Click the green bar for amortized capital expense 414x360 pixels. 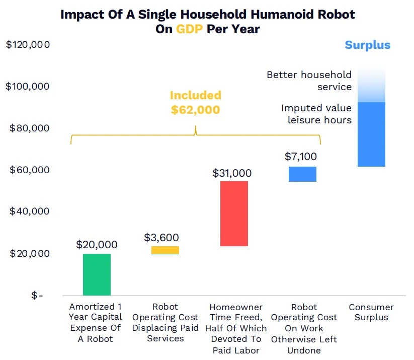[97, 274]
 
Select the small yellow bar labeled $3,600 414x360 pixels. [165, 250]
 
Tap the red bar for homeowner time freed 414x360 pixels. [234, 213]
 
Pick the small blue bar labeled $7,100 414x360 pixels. [302, 174]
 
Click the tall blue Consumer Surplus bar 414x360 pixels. [371, 134]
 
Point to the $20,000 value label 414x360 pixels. [97, 245]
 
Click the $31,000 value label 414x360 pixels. [232, 173]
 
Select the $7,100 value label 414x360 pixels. [301, 157]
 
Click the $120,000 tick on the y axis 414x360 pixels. [28, 45]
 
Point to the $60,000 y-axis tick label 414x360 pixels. [30, 170]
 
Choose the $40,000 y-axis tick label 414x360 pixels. [30, 211]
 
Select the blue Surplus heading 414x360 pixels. [367, 45]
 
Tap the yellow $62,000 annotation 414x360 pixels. [195, 109]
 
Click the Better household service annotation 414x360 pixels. [309, 81]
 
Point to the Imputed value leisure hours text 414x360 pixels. [316, 114]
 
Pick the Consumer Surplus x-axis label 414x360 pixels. [371, 312]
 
